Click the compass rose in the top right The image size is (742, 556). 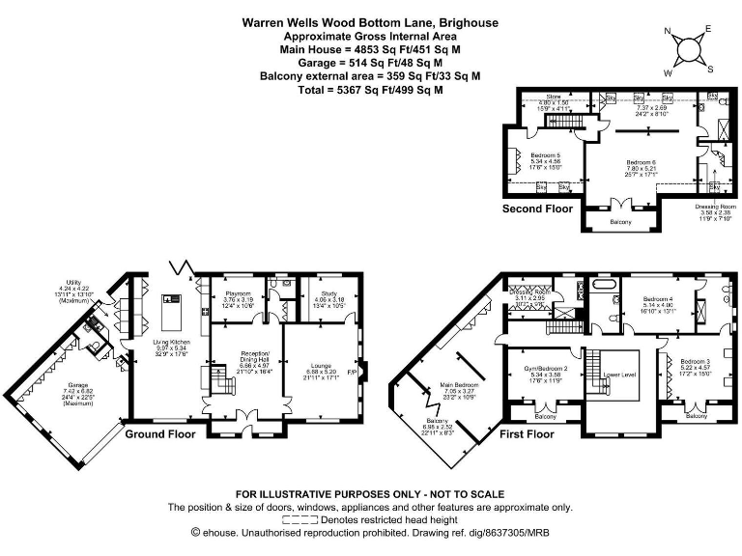click(688, 49)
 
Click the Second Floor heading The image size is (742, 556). click(537, 208)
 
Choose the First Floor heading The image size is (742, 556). click(527, 434)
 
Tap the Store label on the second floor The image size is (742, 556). click(553, 97)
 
